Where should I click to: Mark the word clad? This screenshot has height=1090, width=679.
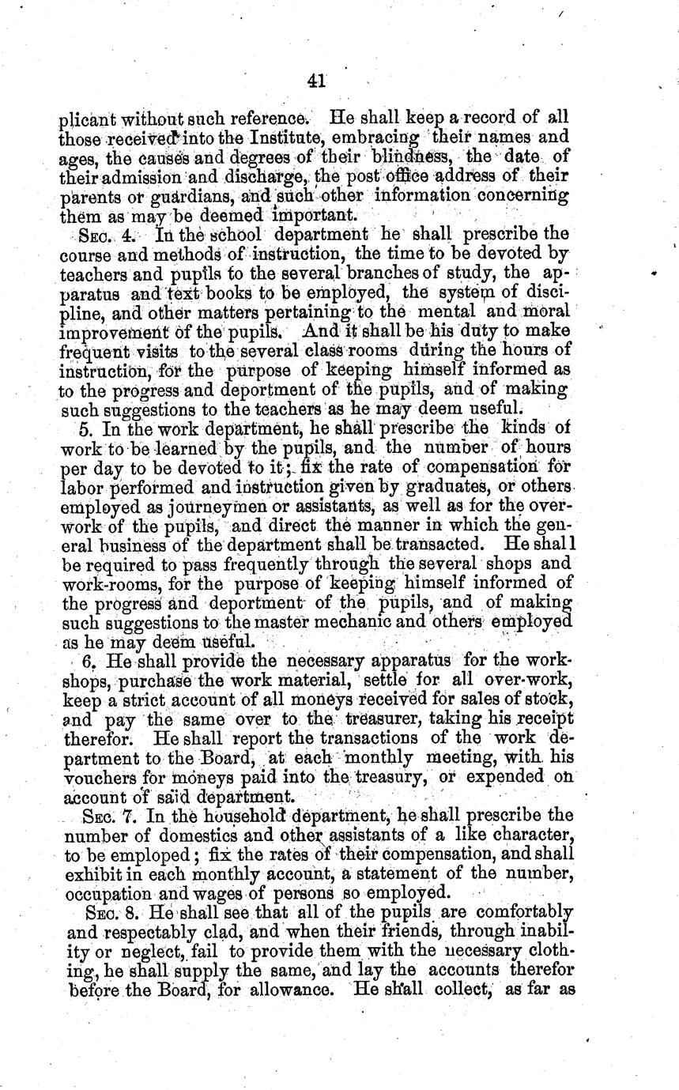[x=236, y=952]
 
